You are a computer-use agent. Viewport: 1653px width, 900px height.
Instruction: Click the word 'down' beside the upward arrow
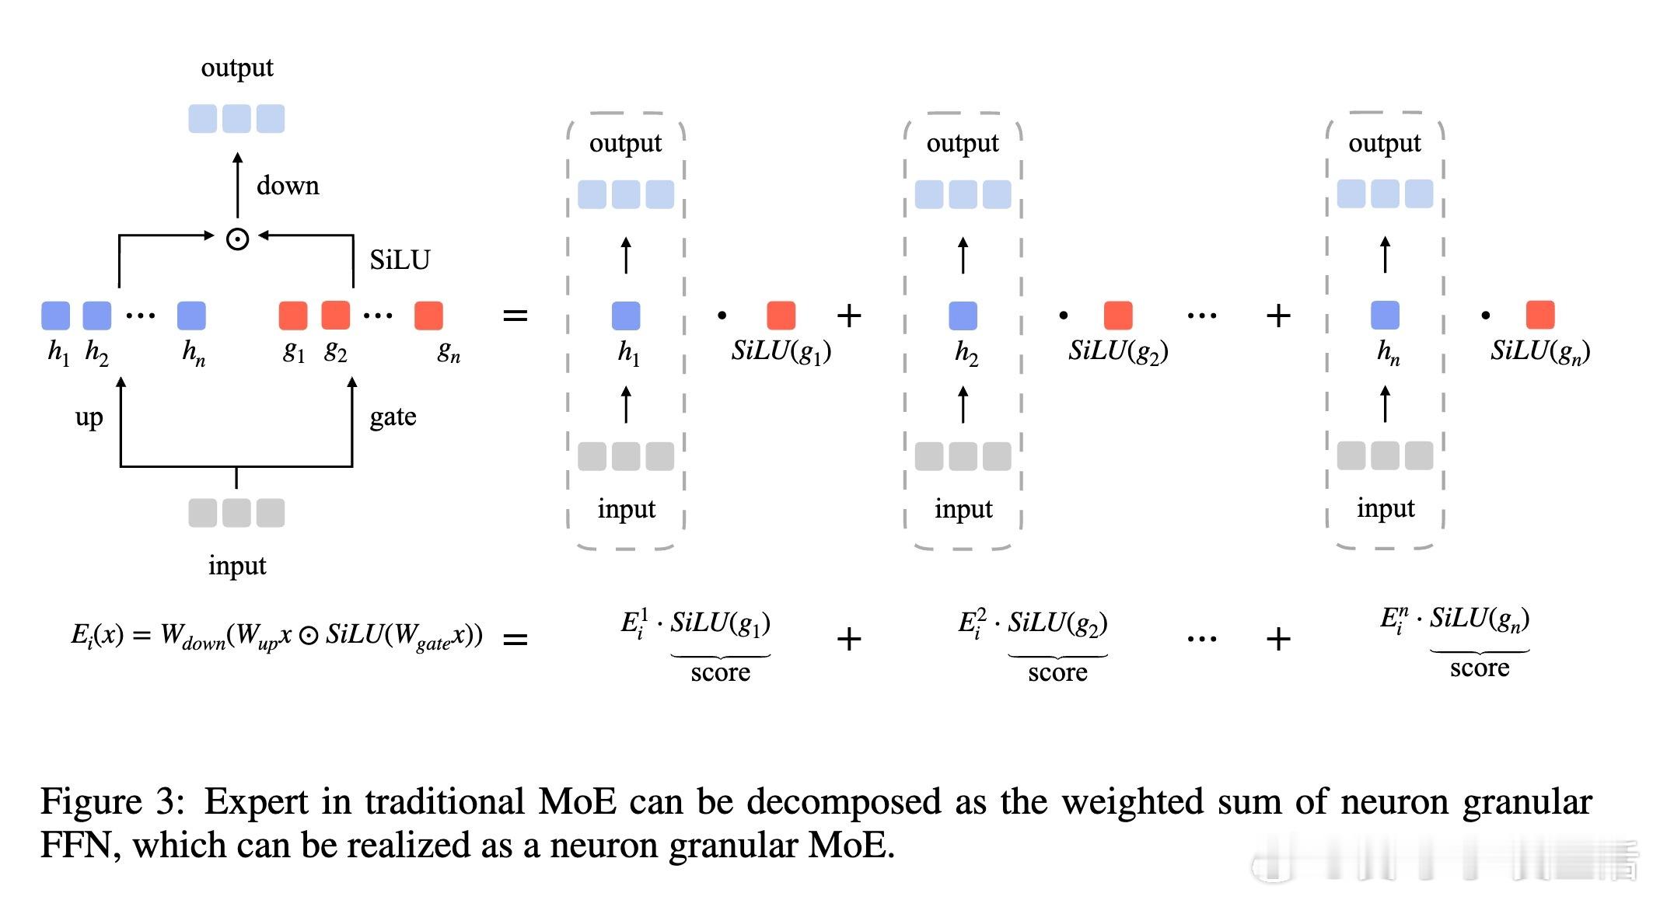click(x=288, y=186)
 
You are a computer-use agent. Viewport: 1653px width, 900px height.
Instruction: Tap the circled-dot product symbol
click(x=237, y=239)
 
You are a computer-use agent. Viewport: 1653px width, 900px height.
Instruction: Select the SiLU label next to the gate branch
click(x=400, y=260)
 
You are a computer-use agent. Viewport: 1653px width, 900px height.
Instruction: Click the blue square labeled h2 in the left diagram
click(x=97, y=316)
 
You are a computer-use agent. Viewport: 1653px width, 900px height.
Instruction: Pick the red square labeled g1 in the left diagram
click(x=293, y=316)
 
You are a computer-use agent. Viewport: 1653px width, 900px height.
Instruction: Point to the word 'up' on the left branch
click(x=89, y=417)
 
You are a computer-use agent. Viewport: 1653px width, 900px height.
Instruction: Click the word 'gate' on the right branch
click(x=393, y=417)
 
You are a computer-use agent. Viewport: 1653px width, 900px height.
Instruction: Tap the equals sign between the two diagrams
click(x=515, y=316)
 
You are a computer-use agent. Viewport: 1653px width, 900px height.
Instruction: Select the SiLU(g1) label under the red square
click(x=781, y=352)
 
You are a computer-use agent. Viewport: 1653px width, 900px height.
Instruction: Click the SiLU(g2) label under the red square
click(x=1118, y=352)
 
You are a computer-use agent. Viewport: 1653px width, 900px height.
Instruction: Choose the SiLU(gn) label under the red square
click(x=1539, y=352)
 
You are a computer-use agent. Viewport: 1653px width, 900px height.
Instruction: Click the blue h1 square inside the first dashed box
click(x=626, y=316)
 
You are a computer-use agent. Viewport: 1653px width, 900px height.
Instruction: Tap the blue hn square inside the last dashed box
click(x=1385, y=315)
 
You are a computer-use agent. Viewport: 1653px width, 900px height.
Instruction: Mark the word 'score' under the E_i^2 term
click(x=1057, y=672)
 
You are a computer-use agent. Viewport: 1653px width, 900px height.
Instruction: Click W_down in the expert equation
click(x=192, y=636)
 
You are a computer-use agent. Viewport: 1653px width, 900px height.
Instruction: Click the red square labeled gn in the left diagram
click(x=428, y=316)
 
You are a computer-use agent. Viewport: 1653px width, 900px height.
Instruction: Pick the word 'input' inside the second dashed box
click(x=963, y=509)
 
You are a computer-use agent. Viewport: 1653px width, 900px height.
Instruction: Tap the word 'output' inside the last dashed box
click(x=1384, y=143)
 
